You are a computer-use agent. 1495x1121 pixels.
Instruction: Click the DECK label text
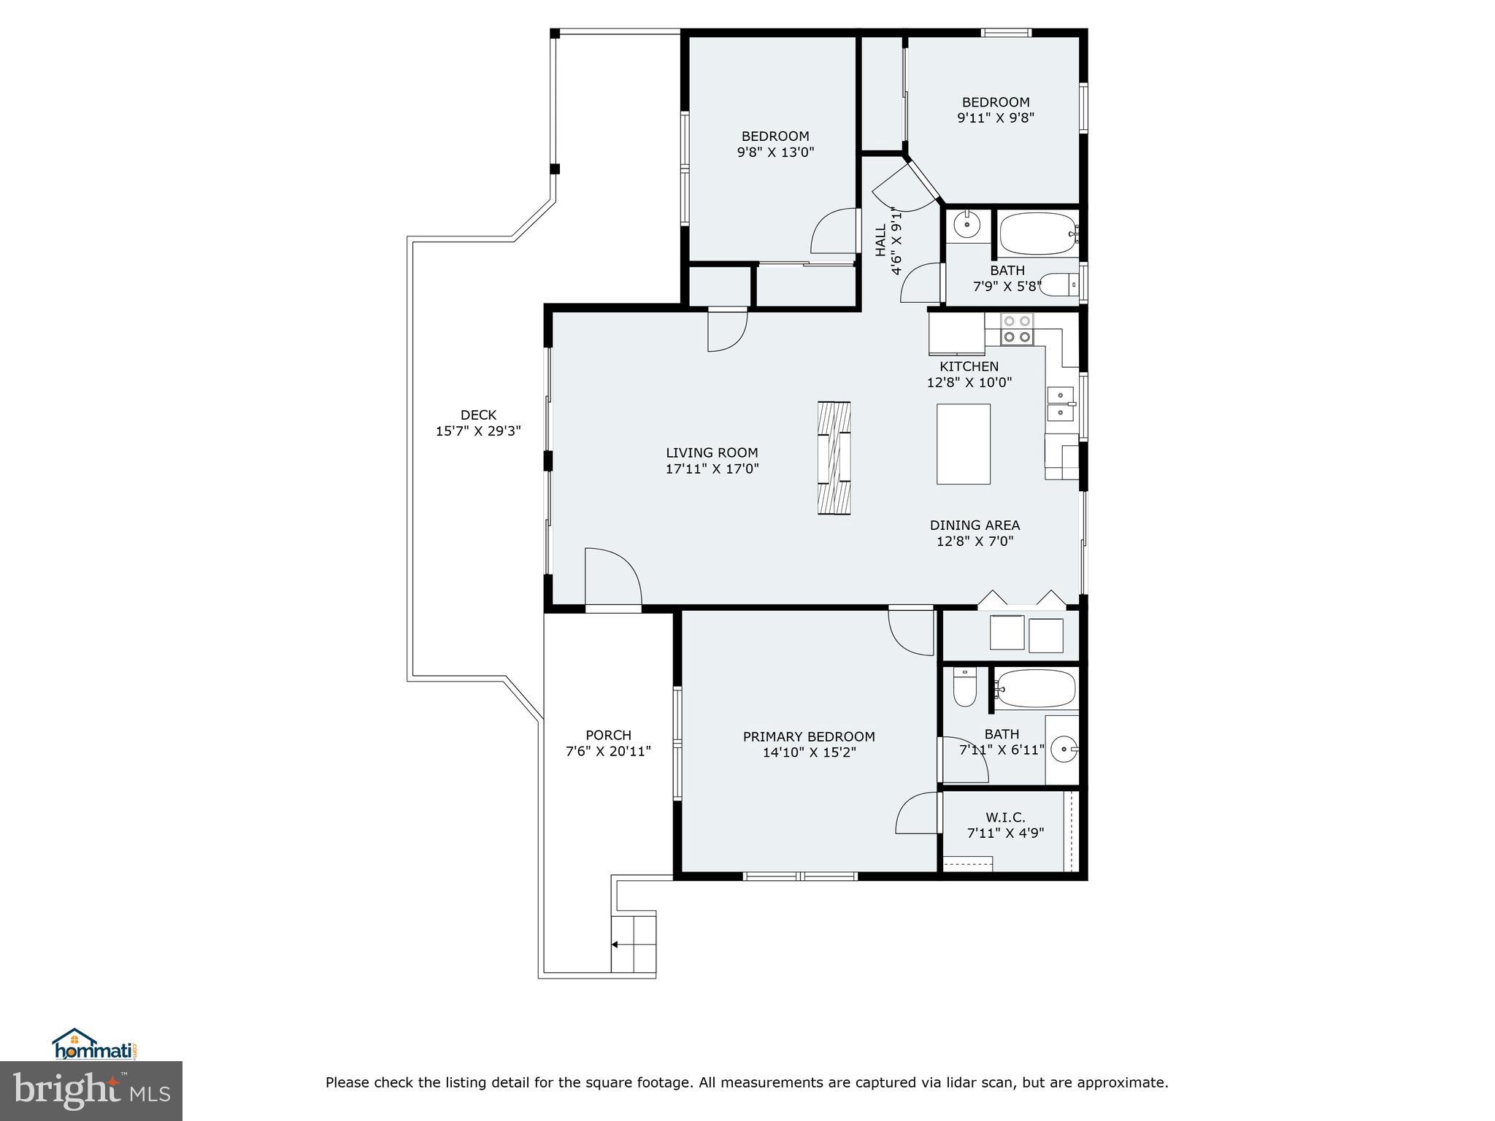(478, 415)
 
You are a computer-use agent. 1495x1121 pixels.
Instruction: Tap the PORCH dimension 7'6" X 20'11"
(608, 751)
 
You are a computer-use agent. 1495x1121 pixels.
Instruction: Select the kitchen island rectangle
(964, 444)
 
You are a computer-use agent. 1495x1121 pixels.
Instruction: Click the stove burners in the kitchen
(1017, 328)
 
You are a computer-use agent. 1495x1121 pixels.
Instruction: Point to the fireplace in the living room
(834, 458)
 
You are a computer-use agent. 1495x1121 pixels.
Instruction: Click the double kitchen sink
(1060, 404)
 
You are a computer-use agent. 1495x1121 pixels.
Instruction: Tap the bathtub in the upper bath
(1037, 233)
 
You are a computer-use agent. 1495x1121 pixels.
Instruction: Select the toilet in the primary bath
(964, 687)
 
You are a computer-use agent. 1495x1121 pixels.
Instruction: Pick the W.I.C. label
(1005, 817)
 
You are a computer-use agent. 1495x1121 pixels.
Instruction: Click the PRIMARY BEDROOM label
(809, 736)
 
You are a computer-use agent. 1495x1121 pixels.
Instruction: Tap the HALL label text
(881, 240)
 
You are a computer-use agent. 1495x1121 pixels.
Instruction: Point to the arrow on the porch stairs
(615, 944)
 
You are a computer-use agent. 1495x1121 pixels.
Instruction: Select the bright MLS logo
(91, 1091)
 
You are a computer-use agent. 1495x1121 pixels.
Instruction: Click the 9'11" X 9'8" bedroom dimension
(996, 118)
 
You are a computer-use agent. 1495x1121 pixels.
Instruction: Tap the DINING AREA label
(975, 525)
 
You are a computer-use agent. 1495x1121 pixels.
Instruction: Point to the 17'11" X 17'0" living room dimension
(712, 469)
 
